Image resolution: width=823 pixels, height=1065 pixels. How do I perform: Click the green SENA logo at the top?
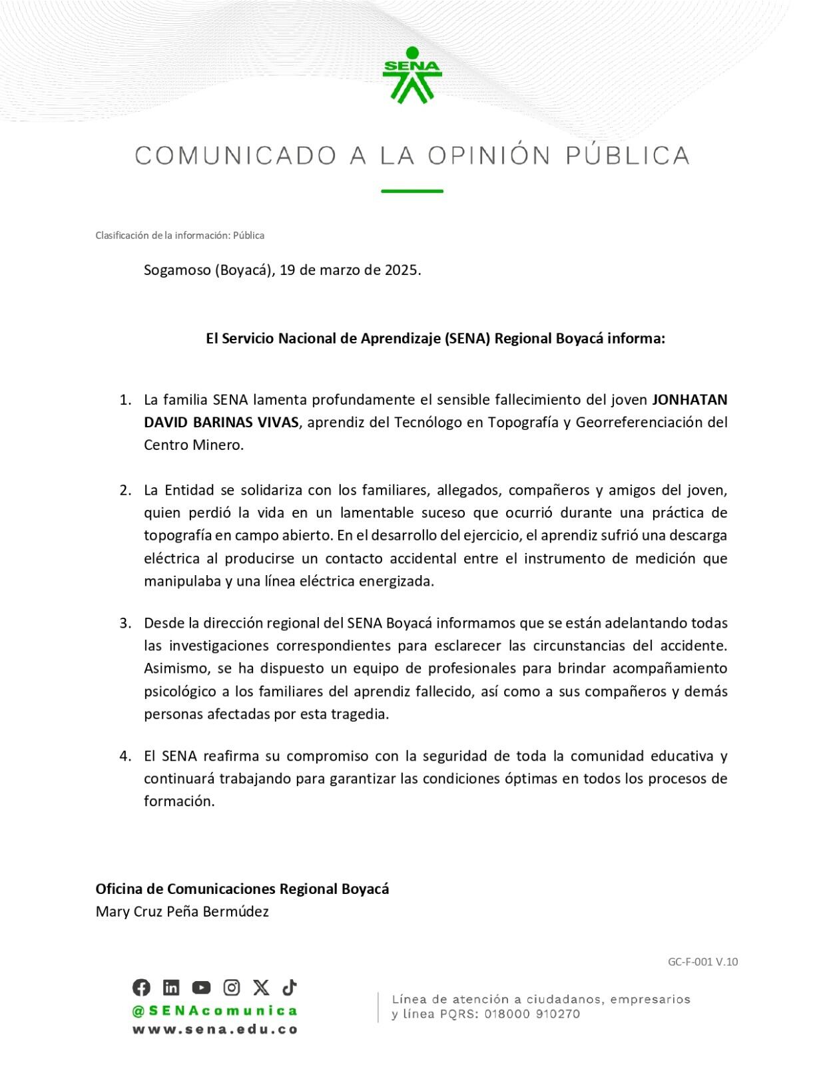[x=411, y=75]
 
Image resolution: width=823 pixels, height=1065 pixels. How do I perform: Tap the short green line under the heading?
[x=411, y=191]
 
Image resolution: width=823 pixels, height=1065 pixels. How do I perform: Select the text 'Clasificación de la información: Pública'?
[x=180, y=235]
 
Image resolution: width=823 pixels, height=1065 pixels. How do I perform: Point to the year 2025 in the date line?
[x=402, y=270]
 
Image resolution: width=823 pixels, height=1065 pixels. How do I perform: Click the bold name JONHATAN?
[x=689, y=399]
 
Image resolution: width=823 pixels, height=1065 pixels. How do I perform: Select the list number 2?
[x=125, y=490]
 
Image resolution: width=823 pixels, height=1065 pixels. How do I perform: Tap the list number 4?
[x=125, y=755]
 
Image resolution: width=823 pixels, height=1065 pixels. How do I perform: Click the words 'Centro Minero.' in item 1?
[x=194, y=445]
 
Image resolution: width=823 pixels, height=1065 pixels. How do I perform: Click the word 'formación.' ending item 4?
[x=179, y=801]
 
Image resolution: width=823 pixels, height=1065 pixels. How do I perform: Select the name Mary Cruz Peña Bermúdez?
[x=182, y=911]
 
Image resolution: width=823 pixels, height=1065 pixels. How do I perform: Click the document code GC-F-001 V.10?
[x=702, y=961]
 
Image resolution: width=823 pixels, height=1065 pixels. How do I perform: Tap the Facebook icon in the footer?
[x=141, y=987]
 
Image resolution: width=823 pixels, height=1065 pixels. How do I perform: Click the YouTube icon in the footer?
[x=201, y=987]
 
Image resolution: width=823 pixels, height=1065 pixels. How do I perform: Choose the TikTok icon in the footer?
[x=290, y=987]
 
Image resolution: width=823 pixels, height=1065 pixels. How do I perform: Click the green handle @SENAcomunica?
[x=214, y=1010]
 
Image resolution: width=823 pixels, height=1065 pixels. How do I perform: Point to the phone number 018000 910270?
[x=532, y=1014]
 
